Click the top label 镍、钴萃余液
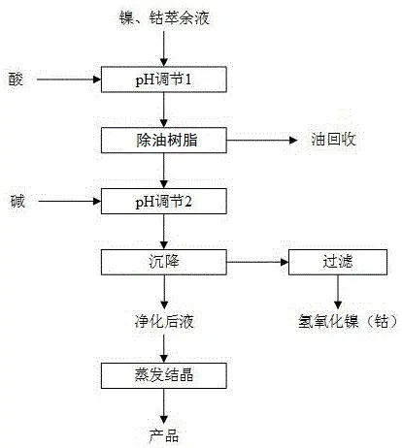coord(164,17)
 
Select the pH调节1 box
coord(164,80)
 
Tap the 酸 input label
coord(16,80)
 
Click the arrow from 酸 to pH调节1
coord(69,80)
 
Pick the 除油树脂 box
coord(164,141)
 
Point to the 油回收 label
coord(334,140)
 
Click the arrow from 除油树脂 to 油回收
coord(261,141)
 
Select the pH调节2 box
coord(164,202)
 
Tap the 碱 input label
coord(17,202)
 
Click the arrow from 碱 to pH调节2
coord(70,202)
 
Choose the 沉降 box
coord(164,262)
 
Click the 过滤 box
coord(338,262)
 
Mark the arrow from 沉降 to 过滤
coord(257,262)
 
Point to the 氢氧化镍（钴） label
coord(349,322)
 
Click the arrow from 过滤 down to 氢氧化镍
coord(338,292)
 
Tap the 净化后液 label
coord(164,322)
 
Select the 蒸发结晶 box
coord(164,375)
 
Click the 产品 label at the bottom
coord(164,435)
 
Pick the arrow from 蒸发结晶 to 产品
coord(164,406)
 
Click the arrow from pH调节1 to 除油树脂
coord(164,110)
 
